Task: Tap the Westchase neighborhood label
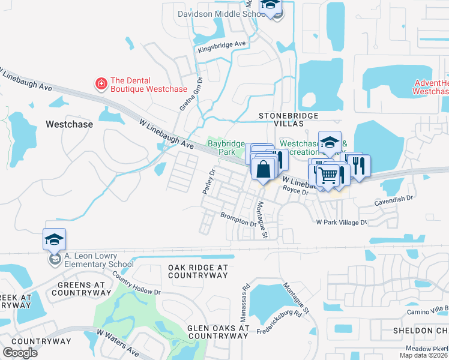(69, 124)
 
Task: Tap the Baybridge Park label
(226, 148)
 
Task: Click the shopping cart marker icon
(328, 175)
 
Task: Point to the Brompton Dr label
(238, 219)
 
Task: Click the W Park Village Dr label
(341, 222)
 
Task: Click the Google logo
(20, 353)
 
